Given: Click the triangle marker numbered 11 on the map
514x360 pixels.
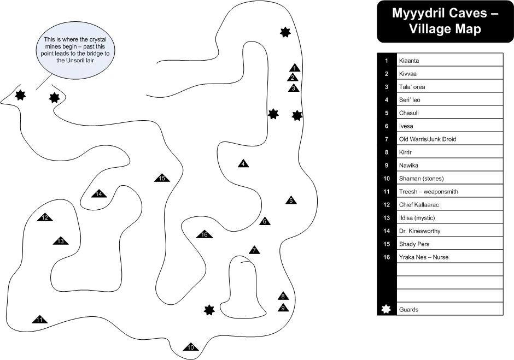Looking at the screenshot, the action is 39,320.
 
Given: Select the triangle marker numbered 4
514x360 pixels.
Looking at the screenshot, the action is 243,164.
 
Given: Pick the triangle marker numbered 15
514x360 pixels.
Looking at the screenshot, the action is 162,178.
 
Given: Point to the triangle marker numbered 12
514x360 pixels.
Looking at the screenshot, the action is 45,218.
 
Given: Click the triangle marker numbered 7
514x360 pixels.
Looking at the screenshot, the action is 254,250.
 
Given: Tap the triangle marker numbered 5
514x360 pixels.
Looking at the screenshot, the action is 291,200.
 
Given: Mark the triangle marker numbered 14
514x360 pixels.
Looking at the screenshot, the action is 98,194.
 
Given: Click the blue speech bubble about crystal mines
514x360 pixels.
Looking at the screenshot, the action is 76,50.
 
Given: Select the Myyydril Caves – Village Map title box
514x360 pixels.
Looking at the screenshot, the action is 445,21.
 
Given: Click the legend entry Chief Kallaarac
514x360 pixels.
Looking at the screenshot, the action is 419,205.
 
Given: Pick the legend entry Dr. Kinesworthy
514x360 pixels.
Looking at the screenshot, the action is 419,231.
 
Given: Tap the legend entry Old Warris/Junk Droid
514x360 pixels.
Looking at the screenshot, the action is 427,139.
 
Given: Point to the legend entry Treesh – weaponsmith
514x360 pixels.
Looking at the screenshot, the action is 428,192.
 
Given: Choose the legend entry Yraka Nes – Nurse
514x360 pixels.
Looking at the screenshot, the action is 423,257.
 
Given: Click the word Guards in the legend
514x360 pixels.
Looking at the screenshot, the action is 408,310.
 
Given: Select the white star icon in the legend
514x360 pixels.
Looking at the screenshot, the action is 386,309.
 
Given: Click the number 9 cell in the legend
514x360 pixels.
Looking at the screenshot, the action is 386,166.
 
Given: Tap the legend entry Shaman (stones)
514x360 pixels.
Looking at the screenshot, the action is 421,179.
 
